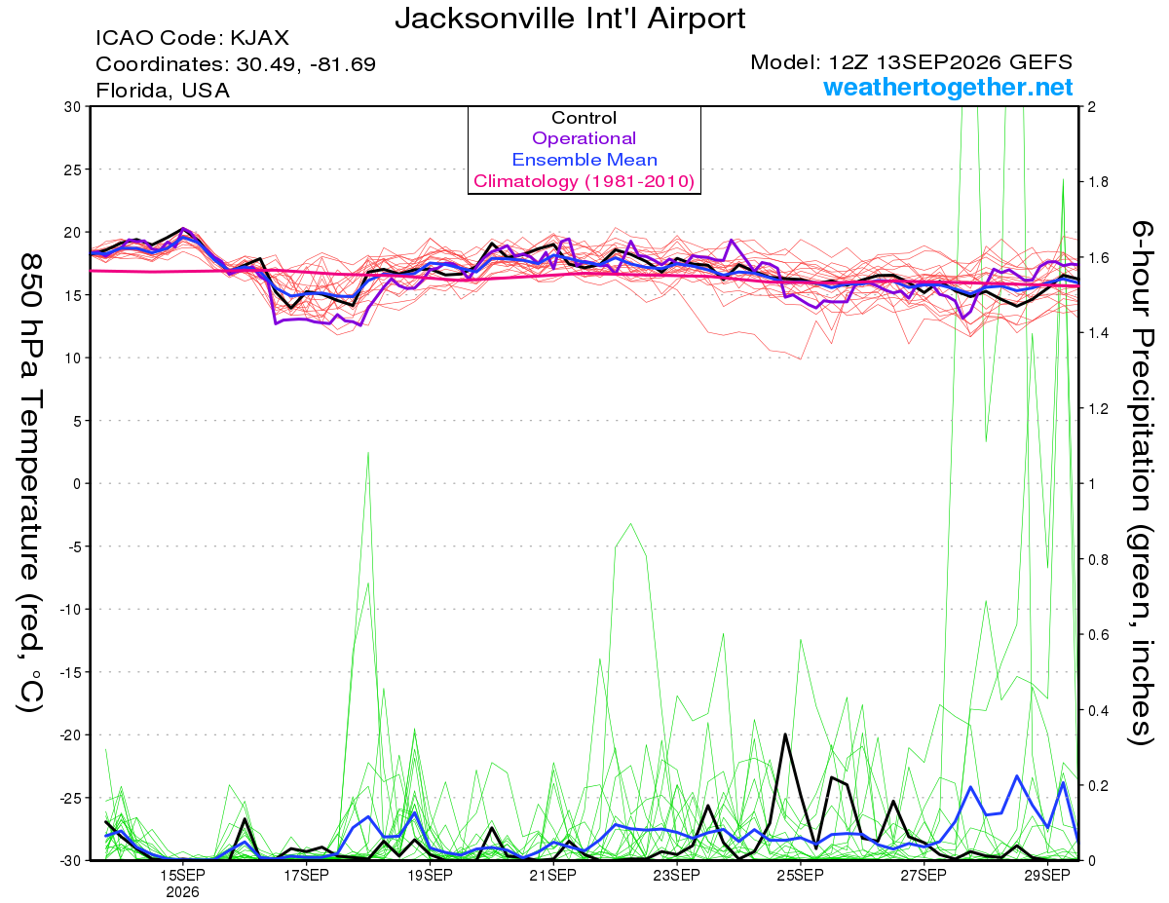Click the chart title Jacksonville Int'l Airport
[x=570, y=19]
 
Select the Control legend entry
[x=584, y=118]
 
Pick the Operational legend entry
[x=584, y=138]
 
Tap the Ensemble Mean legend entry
[x=584, y=160]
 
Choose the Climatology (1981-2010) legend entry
[x=584, y=181]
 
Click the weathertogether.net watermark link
[x=947, y=88]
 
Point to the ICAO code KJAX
[x=259, y=38]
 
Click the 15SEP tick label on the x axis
[x=182, y=876]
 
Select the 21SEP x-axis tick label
[x=552, y=876]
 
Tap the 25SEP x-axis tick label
[x=800, y=876]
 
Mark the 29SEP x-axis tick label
[x=1047, y=876]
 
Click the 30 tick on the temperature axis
[x=73, y=107]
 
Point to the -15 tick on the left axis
[x=69, y=672]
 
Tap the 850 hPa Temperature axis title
[x=30, y=483]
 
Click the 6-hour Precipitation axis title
[x=1141, y=483]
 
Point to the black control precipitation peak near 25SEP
[x=785, y=734]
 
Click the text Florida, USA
[x=163, y=91]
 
